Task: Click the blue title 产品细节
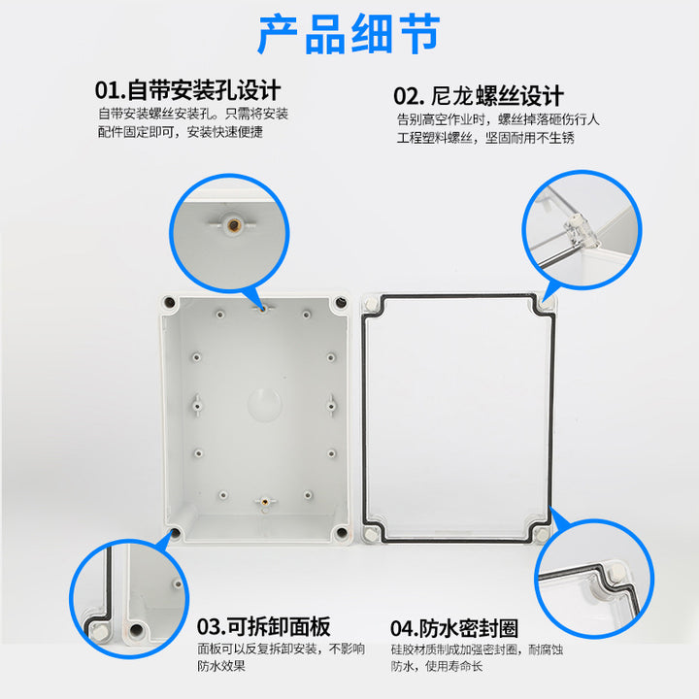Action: [349, 34]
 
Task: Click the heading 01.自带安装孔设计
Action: [187, 90]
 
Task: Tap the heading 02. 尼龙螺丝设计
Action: [479, 96]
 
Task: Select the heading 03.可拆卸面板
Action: [263, 626]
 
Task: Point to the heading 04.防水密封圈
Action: [454, 628]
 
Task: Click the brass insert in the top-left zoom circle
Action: [233, 225]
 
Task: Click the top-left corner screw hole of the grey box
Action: [169, 303]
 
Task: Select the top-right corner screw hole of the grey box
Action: [341, 303]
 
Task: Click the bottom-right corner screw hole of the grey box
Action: [341, 532]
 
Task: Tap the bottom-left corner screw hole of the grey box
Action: [175, 533]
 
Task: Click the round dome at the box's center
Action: [264, 404]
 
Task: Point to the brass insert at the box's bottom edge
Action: [265, 502]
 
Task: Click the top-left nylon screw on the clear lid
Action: [371, 305]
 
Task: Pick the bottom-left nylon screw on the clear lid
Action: [371, 534]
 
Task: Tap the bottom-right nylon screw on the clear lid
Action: [541, 534]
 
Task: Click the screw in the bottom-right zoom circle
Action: [616, 572]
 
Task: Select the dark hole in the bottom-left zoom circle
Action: [136, 630]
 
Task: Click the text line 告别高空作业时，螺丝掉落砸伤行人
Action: [498, 119]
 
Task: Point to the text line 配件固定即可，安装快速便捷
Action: [181, 131]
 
